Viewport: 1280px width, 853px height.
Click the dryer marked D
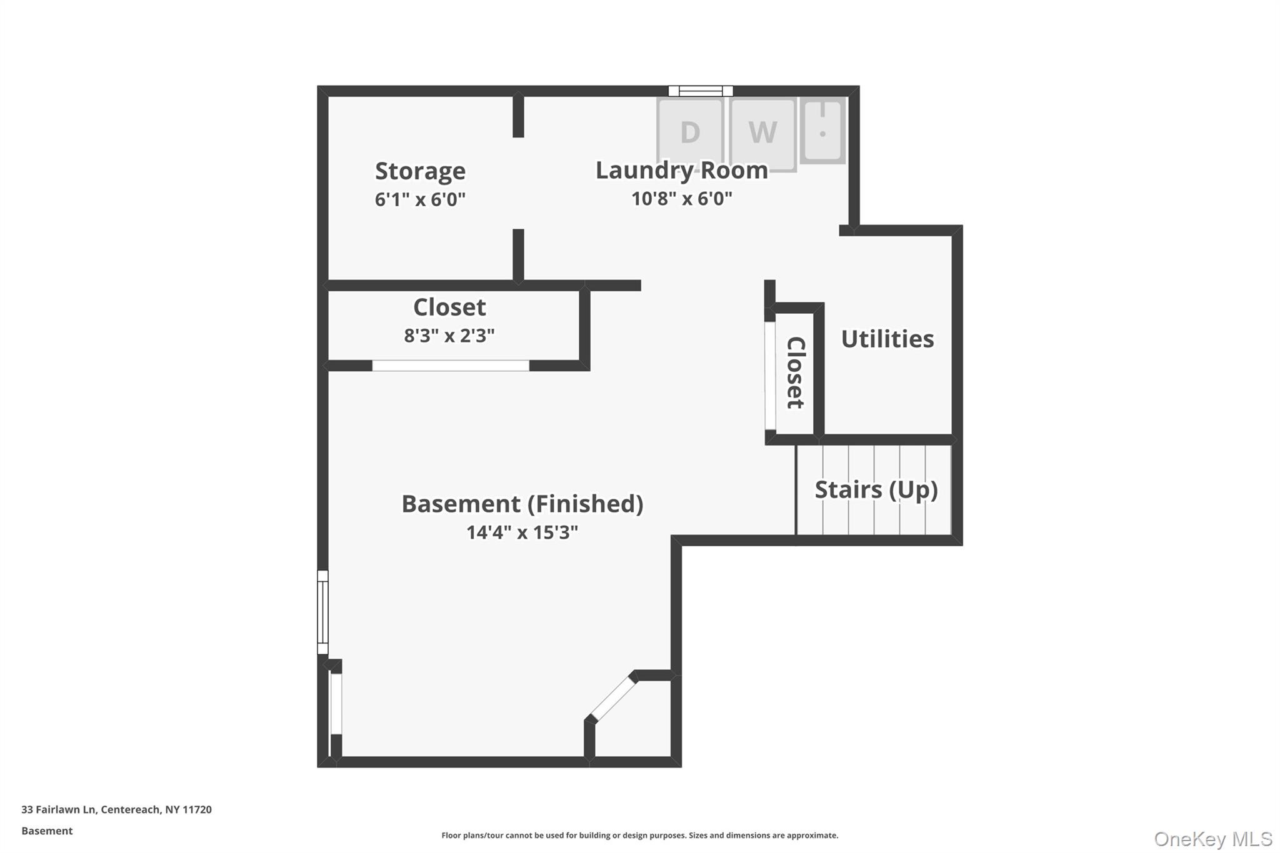[690, 132]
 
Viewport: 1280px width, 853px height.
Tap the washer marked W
[763, 132]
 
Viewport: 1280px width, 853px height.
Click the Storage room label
[420, 171]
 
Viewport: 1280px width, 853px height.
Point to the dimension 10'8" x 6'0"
[681, 199]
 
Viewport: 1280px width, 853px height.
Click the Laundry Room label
[681, 170]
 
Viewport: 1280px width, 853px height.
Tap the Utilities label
[887, 339]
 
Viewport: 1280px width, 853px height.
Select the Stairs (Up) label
[876, 490]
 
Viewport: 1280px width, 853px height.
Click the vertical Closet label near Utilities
[796, 373]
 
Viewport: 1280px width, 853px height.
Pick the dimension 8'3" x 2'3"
[449, 336]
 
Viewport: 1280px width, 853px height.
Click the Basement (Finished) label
[522, 504]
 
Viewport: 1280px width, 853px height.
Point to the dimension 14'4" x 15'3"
[522, 532]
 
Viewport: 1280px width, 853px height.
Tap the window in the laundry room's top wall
[701, 91]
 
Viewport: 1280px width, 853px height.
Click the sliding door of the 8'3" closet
[451, 366]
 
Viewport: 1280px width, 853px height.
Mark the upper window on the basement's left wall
[322, 612]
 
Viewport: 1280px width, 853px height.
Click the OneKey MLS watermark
[1212, 839]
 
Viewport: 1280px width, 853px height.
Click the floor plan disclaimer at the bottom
[639, 836]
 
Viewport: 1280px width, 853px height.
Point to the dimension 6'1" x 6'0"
[420, 199]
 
